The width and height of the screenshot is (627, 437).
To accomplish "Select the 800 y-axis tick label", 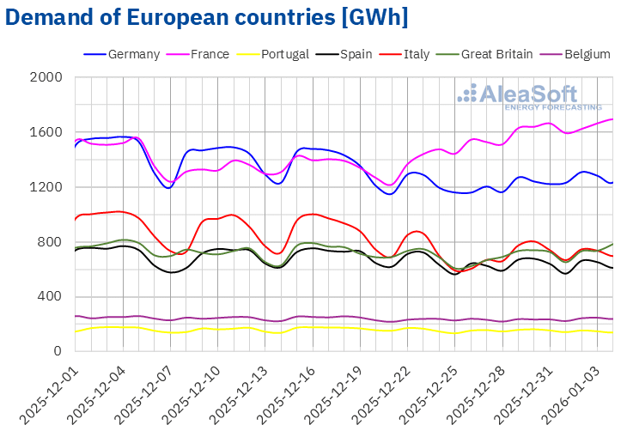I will point(52,242).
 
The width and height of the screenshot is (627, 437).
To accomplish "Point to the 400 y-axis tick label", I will point(52,297).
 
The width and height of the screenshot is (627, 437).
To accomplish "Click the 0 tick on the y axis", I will point(58,351).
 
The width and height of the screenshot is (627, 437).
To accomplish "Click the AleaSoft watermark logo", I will point(529,96).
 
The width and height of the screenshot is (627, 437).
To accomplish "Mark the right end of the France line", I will point(612,119).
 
